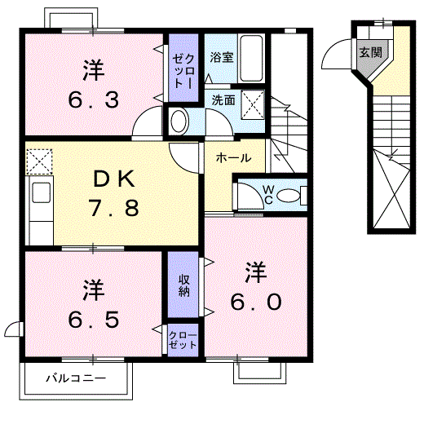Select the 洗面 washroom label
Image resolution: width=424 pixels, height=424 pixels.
pyautogui.click(x=223, y=100)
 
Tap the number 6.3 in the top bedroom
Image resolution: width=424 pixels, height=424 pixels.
pyautogui.click(x=93, y=100)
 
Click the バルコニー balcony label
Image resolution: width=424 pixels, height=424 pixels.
pyautogui.click(x=75, y=378)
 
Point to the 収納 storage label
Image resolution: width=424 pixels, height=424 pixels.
pyautogui.click(x=185, y=285)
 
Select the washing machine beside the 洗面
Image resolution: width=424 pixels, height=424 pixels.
pyautogui.click(x=179, y=121)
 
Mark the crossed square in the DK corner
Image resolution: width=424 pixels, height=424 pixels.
pyautogui.click(x=38, y=161)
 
